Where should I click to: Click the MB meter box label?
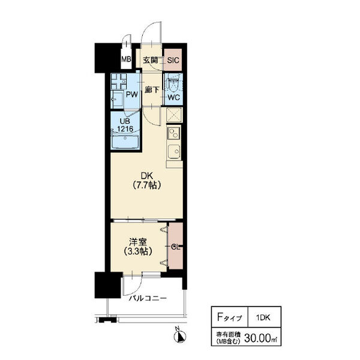click(126, 59)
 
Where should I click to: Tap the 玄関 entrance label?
click(151, 60)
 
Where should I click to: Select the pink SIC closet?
click(173, 59)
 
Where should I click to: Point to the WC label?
click(173, 97)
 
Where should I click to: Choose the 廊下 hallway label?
click(152, 90)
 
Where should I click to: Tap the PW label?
click(132, 94)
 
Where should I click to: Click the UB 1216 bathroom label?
click(125, 125)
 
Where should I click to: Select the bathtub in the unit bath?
click(125, 142)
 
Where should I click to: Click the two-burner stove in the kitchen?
click(174, 133)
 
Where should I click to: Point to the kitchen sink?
click(174, 151)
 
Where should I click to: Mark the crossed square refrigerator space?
click(174, 115)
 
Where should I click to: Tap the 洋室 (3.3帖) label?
click(138, 247)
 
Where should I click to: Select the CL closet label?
click(175, 247)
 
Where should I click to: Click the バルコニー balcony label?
click(148, 298)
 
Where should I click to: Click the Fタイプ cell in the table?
click(230, 317)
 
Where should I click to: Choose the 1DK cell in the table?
click(263, 317)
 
